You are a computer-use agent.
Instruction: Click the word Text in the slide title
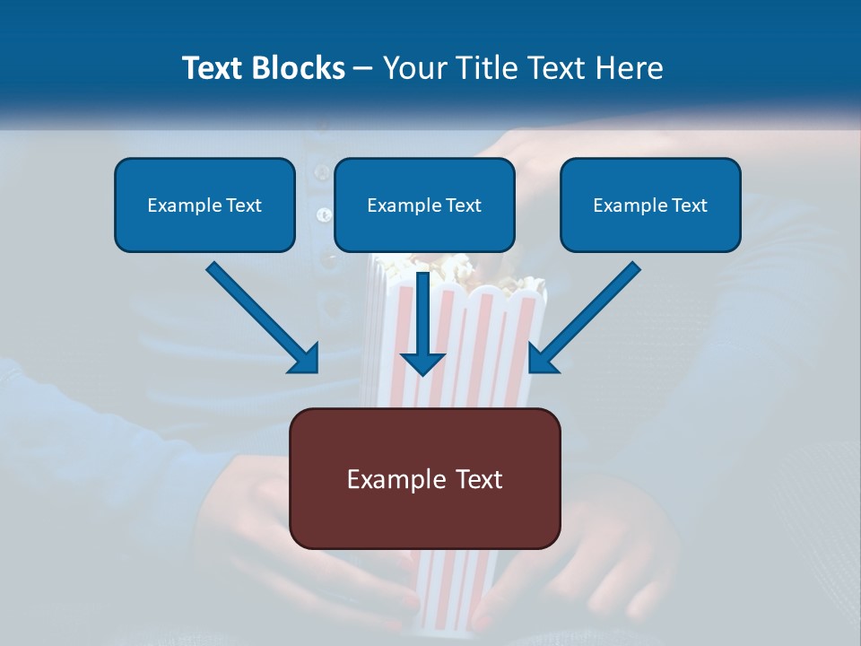tap(213, 68)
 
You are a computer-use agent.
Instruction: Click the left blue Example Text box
tap(204, 205)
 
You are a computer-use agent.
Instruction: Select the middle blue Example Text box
tap(424, 205)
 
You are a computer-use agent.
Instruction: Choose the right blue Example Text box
tap(650, 205)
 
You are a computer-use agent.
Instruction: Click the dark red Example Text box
tap(424, 478)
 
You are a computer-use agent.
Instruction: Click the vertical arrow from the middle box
tap(422, 314)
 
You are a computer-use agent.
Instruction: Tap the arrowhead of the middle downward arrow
tap(422, 362)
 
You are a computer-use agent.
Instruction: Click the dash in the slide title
tap(363, 68)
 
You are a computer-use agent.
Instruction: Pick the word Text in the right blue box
tap(688, 205)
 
